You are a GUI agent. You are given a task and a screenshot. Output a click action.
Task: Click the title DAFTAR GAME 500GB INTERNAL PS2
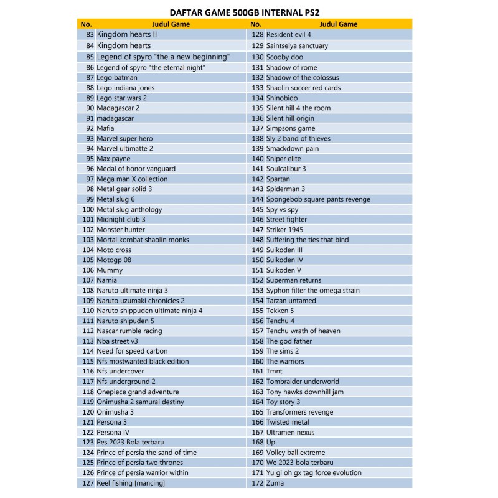click(x=250, y=12)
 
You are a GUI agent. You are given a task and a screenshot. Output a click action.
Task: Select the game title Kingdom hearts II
click(x=127, y=35)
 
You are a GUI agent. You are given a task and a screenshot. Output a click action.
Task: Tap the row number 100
click(x=87, y=210)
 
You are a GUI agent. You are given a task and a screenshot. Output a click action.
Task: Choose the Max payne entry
click(x=113, y=159)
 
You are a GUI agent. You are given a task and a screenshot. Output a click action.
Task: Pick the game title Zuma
click(x=275, y=483)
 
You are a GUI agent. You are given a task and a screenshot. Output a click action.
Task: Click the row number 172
click(x=257, y=483)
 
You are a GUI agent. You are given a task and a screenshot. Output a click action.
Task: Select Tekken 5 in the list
click(x=280, y=311)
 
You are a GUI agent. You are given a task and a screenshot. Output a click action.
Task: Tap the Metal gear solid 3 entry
click(x=124, y=189)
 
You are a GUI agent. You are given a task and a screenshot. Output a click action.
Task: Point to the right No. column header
click(x=255, y=24)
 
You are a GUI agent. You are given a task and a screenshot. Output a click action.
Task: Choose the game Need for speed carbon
click(x=132, y=351)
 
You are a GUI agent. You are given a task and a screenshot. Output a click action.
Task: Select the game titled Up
click(x=271, y=443)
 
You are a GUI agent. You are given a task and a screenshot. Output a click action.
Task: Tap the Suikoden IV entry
click(x=284, y=260)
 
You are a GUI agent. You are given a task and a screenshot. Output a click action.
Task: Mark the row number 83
click(x=90, y=35)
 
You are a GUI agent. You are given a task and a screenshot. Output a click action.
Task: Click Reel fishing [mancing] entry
click(x=131, y=483)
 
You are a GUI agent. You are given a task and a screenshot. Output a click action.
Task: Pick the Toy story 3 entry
click(x=283, y=402)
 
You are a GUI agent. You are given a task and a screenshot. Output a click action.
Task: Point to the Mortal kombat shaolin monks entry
click(x=143, y=240)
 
